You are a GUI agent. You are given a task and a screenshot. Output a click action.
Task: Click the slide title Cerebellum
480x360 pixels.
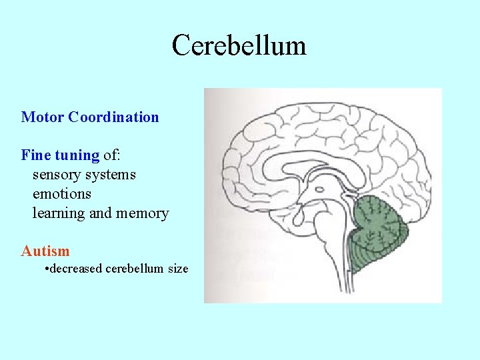(x=239, y=46)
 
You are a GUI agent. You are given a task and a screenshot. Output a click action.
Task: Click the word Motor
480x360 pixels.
(x=42, y=117)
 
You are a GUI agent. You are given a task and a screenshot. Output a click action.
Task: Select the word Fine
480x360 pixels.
(x=36, y=155)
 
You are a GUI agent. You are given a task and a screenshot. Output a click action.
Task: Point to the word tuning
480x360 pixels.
(x=77, y=156)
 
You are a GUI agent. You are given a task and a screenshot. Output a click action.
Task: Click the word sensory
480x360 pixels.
(x=56, y=175)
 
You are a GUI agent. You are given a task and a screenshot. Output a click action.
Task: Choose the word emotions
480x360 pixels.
(x=62, y=194)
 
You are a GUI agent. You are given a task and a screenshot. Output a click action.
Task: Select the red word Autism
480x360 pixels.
(x=45, y=251)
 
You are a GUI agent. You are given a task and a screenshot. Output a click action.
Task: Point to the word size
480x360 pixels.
(x=177, y=269)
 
